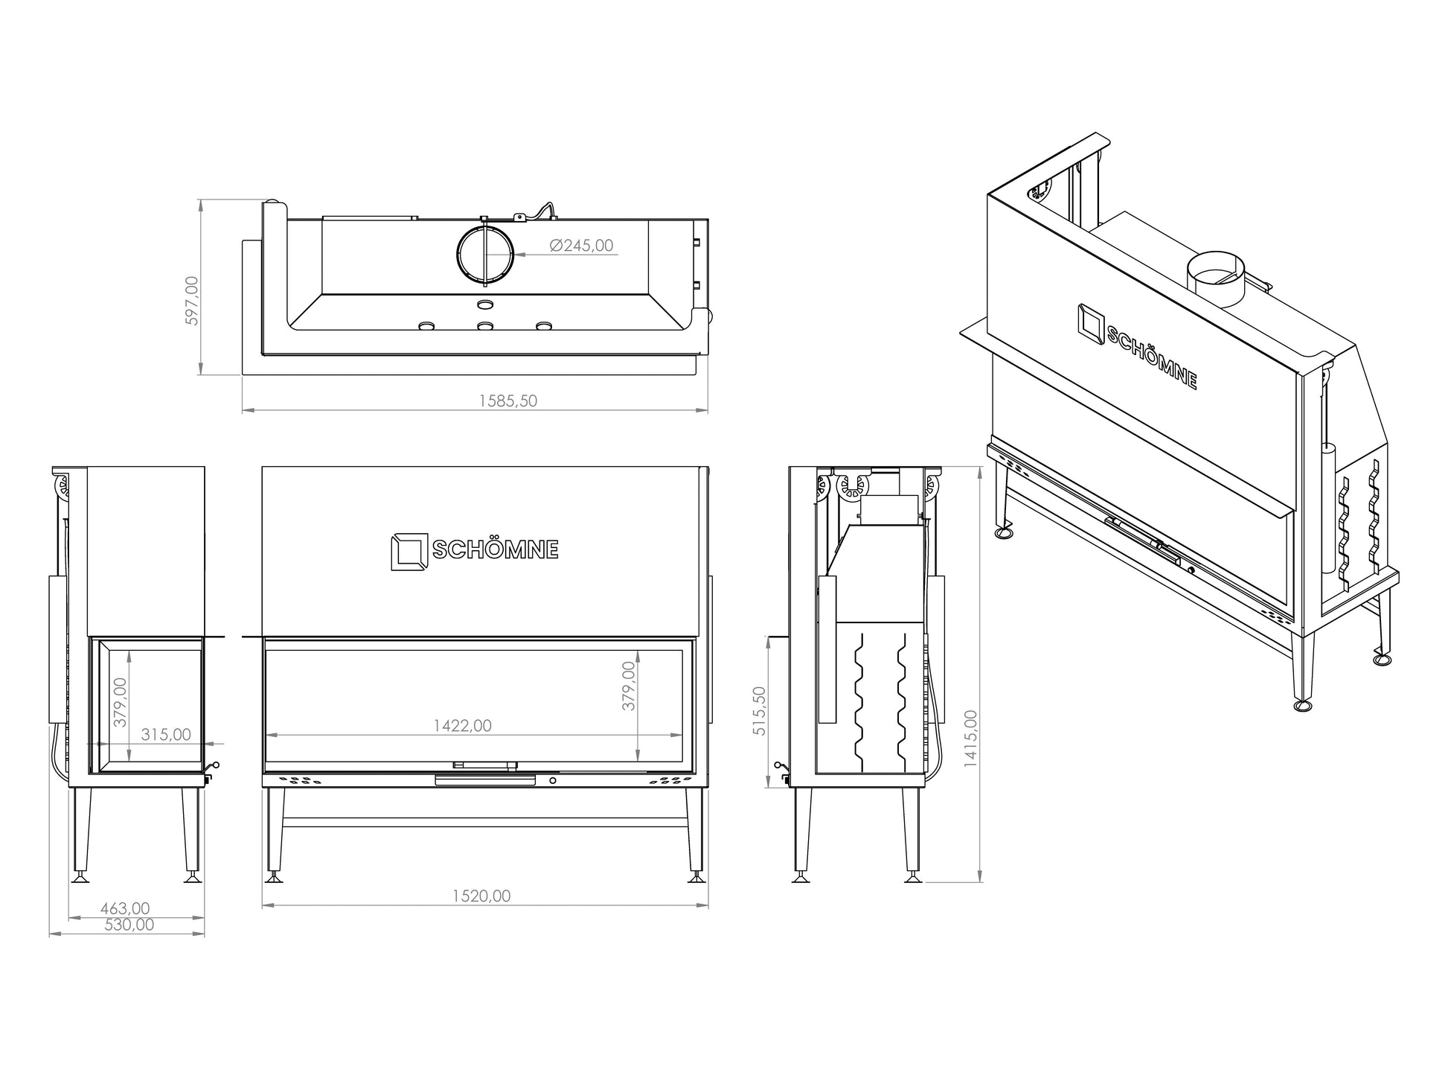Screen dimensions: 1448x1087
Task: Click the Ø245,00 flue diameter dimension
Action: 581,246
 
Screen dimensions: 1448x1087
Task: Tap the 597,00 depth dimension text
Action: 192,301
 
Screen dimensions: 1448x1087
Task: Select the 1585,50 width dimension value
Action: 508,401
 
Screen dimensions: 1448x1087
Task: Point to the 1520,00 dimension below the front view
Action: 481,896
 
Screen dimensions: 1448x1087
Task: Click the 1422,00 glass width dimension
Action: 463,725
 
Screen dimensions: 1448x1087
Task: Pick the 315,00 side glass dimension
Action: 166,734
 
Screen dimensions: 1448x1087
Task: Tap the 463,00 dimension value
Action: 124,908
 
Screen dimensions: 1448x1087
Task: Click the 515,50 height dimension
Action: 759,710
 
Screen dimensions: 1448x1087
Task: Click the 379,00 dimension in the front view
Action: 630,686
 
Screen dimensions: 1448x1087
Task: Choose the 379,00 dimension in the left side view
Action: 120,701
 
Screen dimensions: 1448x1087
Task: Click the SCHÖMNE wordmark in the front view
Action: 496,549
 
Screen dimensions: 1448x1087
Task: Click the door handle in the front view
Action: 484,779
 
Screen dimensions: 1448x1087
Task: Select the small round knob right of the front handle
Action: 552,781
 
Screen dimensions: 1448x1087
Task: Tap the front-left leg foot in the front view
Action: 273,879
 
